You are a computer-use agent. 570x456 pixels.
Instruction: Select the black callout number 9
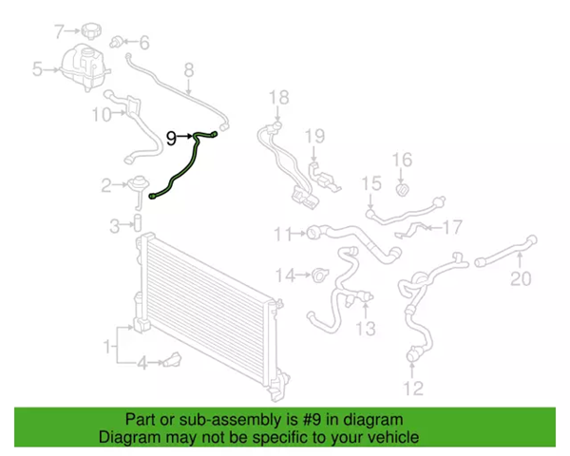171,139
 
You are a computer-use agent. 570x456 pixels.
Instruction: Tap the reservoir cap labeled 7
92,30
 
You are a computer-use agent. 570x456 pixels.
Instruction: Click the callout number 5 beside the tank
37,68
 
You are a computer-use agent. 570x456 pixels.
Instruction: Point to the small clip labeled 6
116,42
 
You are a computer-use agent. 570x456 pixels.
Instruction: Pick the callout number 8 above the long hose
189,70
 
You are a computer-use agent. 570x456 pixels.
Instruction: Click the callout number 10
102,115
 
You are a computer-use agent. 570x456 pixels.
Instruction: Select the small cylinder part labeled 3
138,223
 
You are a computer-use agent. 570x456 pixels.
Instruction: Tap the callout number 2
106,186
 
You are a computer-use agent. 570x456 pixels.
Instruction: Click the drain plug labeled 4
173,360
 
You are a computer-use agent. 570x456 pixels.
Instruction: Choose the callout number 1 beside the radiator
107,347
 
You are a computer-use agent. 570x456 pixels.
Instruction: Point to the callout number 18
278,98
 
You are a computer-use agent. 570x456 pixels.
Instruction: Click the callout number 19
314,136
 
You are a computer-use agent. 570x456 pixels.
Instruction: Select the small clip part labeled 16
402,190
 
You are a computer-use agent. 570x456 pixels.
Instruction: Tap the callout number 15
371,183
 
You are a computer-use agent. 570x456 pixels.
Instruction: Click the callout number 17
452,227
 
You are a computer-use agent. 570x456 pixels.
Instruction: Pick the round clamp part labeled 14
320,275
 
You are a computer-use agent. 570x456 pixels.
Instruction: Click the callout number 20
521,279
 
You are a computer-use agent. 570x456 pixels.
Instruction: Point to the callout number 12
413,389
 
